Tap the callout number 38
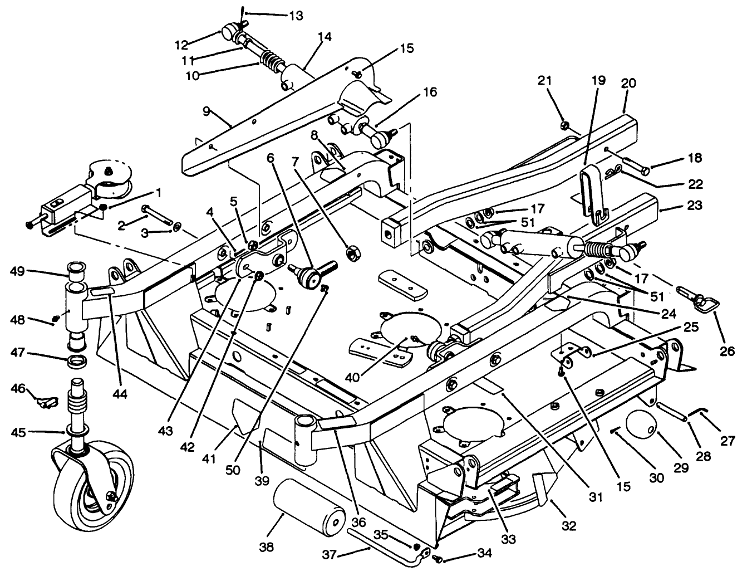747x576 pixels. pos(267,547)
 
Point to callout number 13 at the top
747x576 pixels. pos(297,16)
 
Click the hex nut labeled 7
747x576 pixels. pos(352,253)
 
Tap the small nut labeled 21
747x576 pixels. pos(563,125)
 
